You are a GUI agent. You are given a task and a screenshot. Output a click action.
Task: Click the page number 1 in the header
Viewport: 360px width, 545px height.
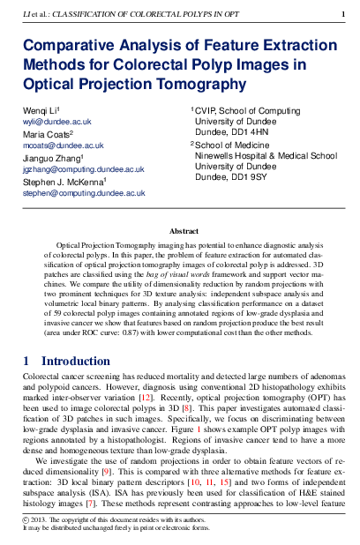click(x=343, y=14)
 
